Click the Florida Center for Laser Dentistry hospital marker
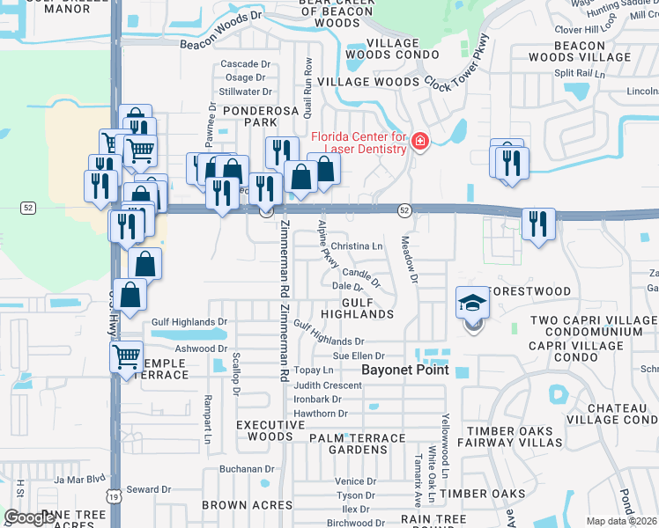point(419,142)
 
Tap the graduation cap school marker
point(472,304)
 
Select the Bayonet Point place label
point(406,370)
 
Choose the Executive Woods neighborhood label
point(264,430)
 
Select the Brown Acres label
point(248,505)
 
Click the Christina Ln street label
point(358,246)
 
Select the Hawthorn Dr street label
point(322,413)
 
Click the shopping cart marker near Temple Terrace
point(127,356)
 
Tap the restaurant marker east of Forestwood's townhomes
point(537,224)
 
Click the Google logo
point(30,517)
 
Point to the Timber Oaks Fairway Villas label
point(515,436)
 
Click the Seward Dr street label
point(148,489)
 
